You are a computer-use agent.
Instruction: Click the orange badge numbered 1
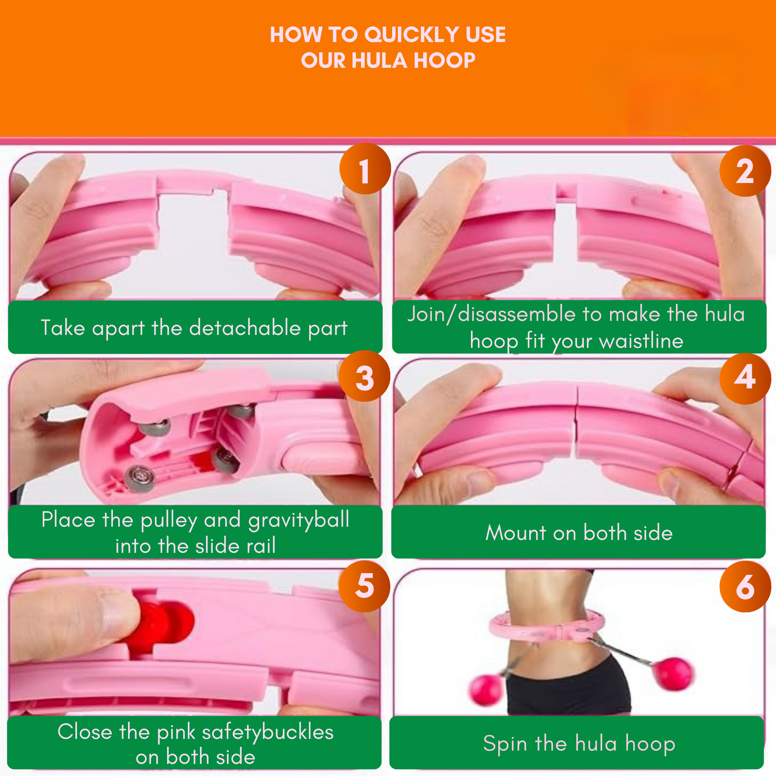[365, 169]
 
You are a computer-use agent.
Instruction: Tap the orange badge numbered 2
[745, 171]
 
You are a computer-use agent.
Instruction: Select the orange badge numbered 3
[364, 376]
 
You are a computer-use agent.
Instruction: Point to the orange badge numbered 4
[745, 378]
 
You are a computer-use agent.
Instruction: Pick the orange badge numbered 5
[364, 587]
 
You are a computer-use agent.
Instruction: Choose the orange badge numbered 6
[745, 587]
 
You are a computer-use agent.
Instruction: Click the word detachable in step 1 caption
[244, 327]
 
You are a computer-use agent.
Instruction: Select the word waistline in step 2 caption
[641, 341]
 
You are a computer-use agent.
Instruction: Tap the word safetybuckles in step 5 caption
[268, 732]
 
